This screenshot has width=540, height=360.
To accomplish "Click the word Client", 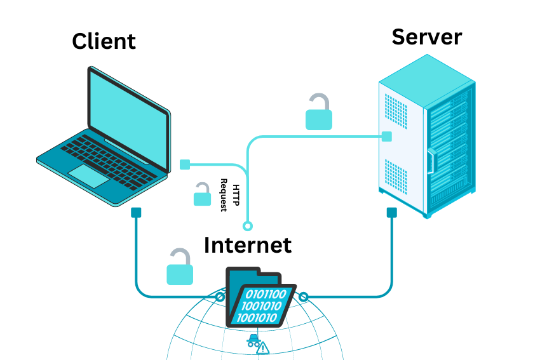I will pyautogui.click(x=104, y=41).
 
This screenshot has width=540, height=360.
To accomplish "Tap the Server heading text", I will pyautogui.click(x=426, y=36).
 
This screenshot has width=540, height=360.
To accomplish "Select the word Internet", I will pyautogui.click(x=247, y=244).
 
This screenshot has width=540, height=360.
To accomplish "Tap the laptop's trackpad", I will pyautogui.click(x=89, y=175).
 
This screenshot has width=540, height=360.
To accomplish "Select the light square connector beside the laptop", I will pyautogui.click(x=185, y=164).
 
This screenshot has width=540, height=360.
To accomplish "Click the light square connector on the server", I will pyautogui.click(x=386, y=136).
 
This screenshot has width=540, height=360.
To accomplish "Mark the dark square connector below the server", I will pyautogui.click(x=391, y=213).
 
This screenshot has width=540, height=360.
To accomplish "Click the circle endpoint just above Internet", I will pyautogui.click(x=248, y=225).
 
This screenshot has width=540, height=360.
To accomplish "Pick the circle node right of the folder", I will pyautogui.click(x=304, y=297).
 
